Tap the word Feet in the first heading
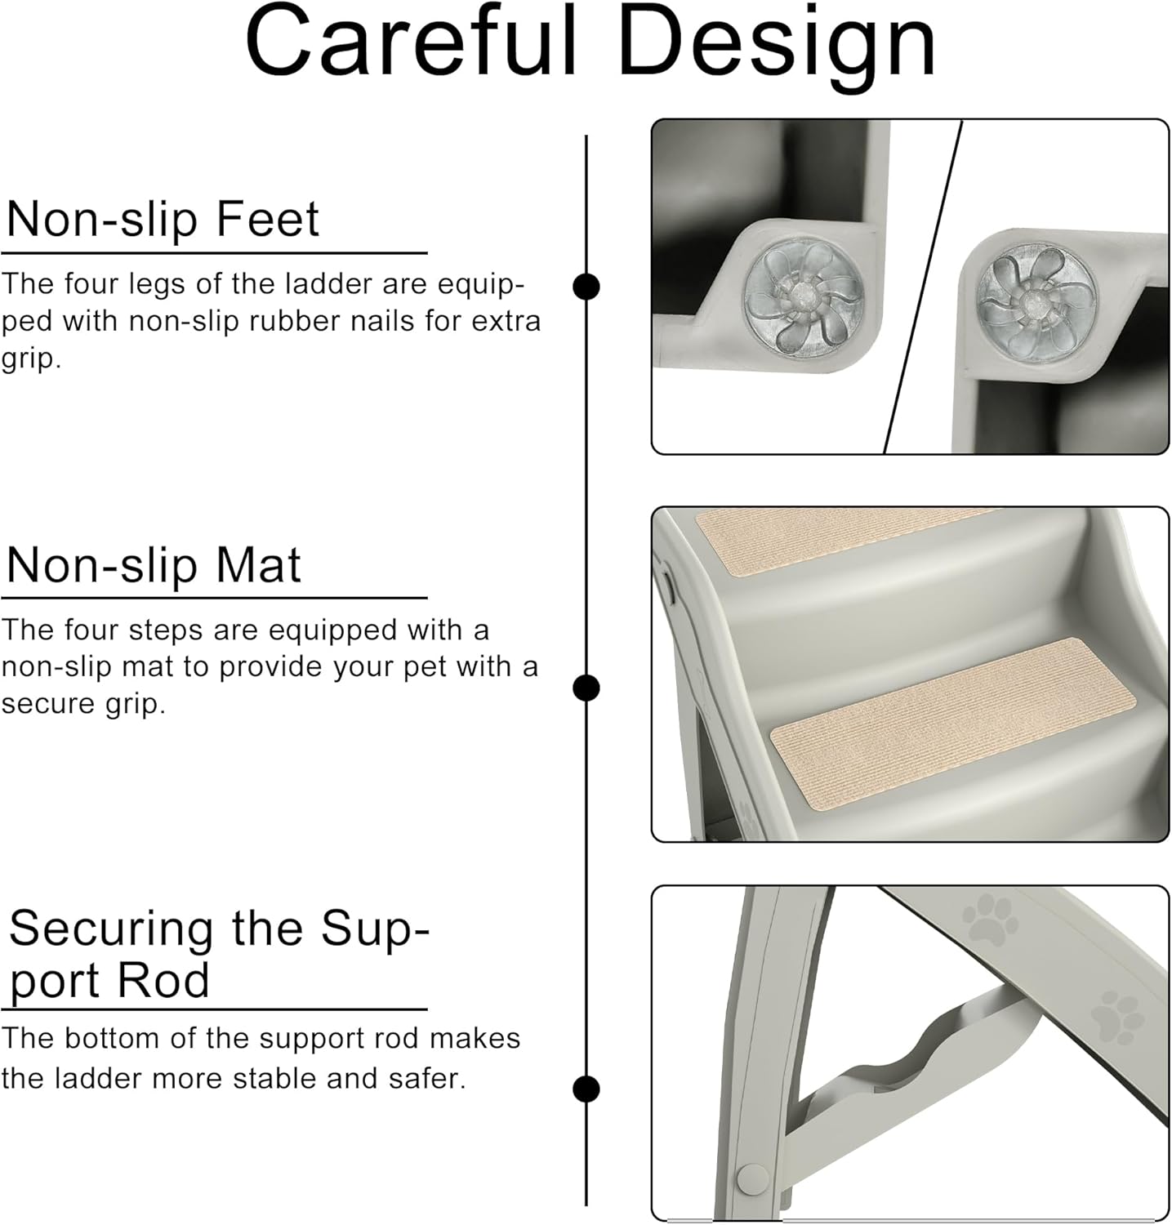tap(267, 218)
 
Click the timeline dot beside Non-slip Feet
tap(586, 287)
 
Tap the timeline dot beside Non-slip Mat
tap(586, 688)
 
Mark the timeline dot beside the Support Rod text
tap(586, 1089)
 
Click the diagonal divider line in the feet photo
tap(923, 287)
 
